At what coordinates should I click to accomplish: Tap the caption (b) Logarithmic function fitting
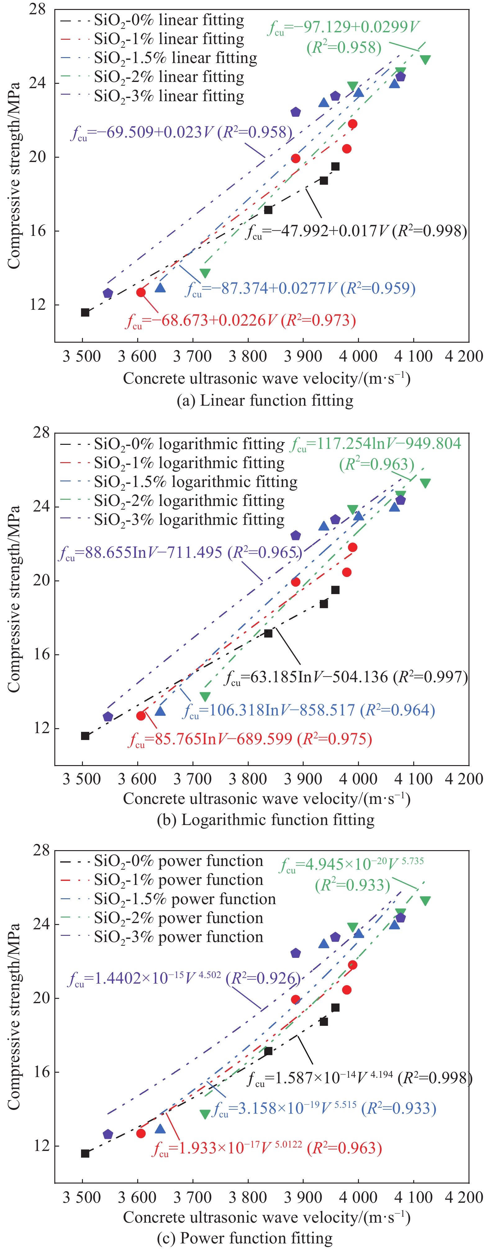[265, 819]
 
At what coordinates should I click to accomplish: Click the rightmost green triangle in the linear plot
[425, 60]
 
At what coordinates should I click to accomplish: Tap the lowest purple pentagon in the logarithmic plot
[108, 717]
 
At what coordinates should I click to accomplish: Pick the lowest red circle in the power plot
[141, 1134]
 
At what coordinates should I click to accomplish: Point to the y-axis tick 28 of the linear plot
[37, 9]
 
